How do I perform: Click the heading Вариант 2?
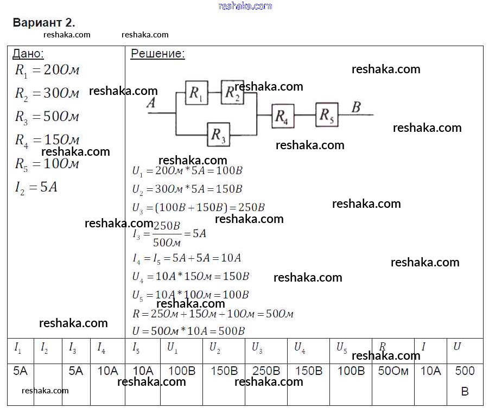point(43,23)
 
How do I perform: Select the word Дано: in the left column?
point(28,54)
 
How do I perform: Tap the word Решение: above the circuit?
point(157,54)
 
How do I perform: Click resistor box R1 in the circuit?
point(196,93)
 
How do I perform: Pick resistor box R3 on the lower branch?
point(218,135)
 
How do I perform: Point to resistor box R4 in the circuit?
point(282,116)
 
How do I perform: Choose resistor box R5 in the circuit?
point(327,114)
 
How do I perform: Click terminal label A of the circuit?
point(151,103)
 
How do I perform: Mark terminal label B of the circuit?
point(356,107)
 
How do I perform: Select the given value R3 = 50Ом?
point(47,117)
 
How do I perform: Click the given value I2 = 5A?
point(36,188)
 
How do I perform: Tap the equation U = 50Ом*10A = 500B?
point(188,330)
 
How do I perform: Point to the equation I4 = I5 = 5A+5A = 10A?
point(187,258)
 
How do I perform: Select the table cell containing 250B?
point(266,371)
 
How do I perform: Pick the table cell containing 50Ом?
point(393,371)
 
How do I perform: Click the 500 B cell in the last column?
point(465,380)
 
